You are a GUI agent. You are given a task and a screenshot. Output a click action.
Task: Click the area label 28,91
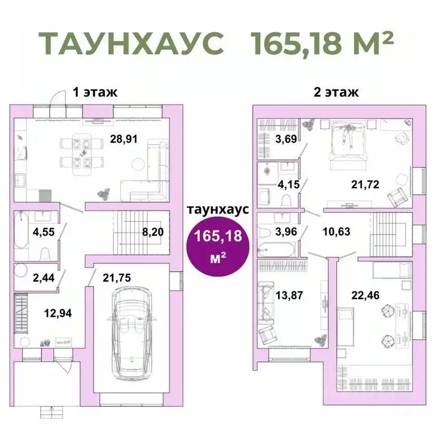(124, 138)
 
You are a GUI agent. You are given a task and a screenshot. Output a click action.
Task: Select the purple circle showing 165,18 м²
(217, 245)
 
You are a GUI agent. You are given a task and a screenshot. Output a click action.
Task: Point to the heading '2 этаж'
(336, 93)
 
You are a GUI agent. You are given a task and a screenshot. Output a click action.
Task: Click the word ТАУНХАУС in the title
(131, 42)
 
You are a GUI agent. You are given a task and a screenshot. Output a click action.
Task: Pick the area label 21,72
(365, 184)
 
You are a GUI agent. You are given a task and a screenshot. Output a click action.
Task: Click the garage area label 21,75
(117, 278)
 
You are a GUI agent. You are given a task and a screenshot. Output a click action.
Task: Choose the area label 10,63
(335, 231)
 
